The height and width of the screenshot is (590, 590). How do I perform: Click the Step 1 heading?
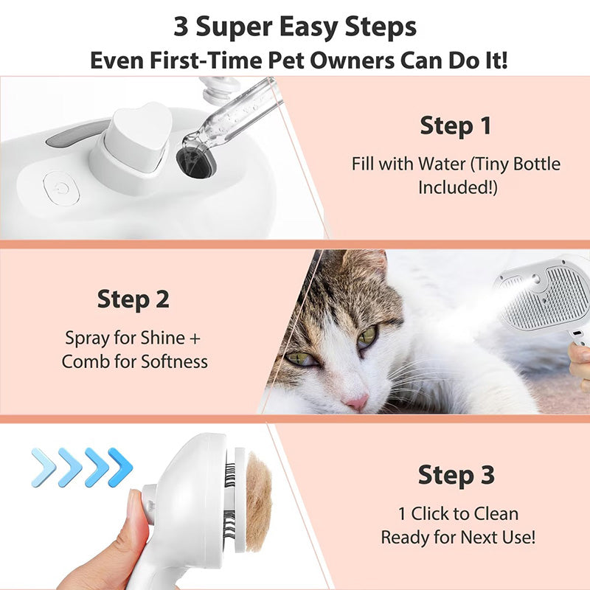tap(455, 126)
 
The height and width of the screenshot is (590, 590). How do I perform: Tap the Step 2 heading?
tap(133, 299)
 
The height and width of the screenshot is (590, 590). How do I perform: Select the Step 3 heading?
tap(457, 476)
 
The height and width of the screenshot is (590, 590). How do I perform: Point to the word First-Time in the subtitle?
tap(220, 60)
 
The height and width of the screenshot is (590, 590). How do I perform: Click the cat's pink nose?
tap(355, 403)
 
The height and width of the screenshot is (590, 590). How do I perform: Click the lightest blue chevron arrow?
tap(44, 467)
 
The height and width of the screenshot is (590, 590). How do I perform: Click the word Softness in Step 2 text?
tap(173, 361)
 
